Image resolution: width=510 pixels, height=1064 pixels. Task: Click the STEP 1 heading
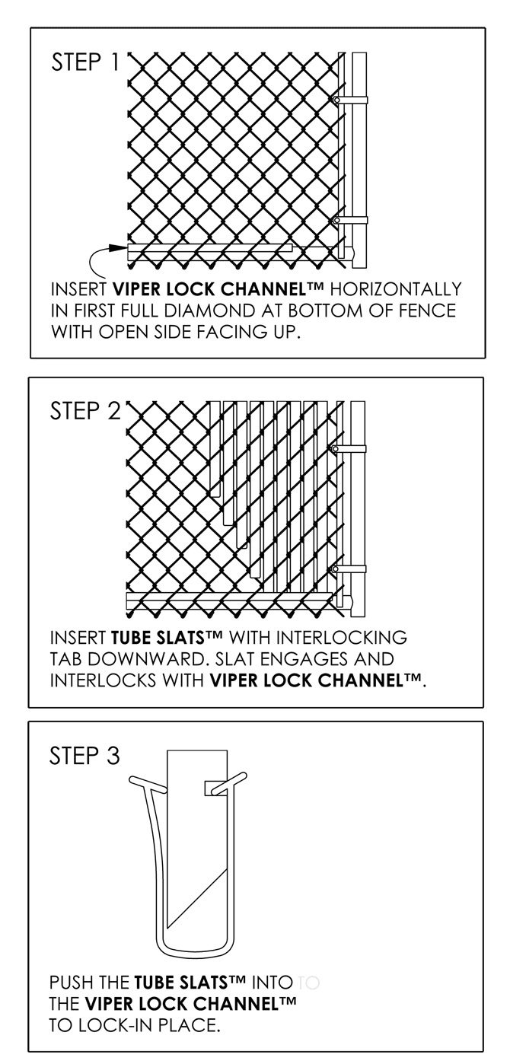[85, 62]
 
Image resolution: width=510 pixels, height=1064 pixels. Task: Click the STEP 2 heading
[85, 411]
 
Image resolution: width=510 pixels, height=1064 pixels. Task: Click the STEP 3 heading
[84, 756]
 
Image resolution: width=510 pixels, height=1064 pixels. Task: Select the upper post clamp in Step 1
[351, 100]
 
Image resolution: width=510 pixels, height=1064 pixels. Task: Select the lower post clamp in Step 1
[351, 220]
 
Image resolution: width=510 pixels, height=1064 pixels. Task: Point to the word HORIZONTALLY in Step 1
[397, 290]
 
